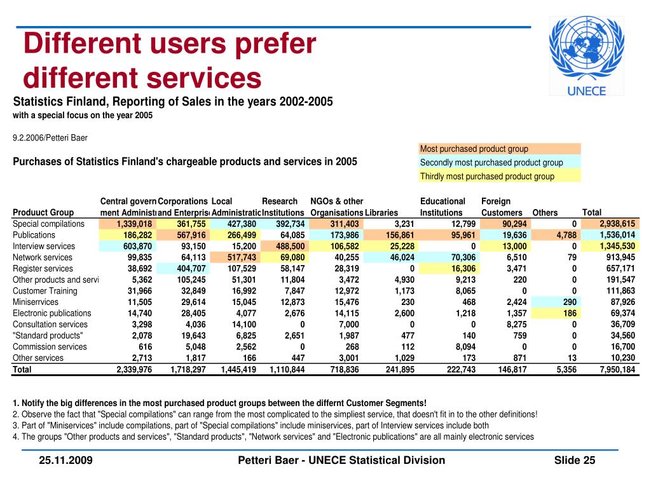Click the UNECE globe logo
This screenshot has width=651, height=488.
click(x=586, y=56)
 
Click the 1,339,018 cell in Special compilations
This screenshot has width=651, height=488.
click(x=134, y=224)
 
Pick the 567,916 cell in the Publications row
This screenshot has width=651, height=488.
click(x=191, y=235)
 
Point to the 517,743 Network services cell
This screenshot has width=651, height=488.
click(x=242, y=257)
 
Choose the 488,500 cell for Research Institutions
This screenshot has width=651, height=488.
click(x=290, y=247)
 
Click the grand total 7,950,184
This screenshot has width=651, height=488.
click(x=617, y=369)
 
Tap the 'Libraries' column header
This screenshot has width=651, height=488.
click(x=381, y=213)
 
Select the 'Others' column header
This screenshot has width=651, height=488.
click(x=545, y=213)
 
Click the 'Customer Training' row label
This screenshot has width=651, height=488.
click(x=45, y=291)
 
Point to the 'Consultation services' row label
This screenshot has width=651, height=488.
click(x=50, y=325)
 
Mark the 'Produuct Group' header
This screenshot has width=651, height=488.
click(x=43, y=212)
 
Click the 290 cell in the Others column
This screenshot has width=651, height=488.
click(x=570, y=302)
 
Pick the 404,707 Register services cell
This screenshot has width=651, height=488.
click(x=191, y=269)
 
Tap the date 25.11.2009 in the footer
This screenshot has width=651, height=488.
click(x=65, y=460)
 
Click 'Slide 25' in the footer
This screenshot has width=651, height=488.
click(x=575, y=460)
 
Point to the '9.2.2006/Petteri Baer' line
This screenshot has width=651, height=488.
click(x=50, y=138)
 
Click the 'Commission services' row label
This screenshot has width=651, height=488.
click(x=50, y=347)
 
